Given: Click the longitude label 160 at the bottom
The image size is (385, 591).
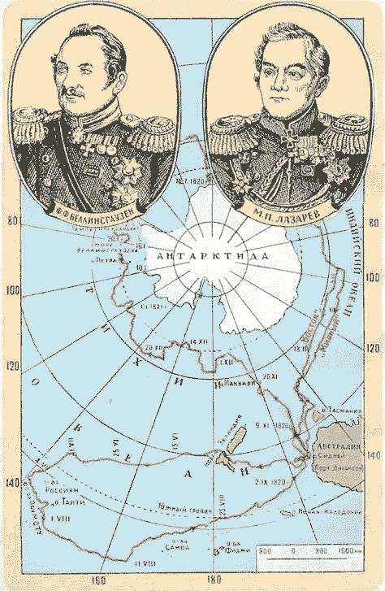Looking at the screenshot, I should click(x=100, y=580).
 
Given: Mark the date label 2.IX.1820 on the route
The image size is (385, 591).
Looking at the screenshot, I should click(x=272, y=482).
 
